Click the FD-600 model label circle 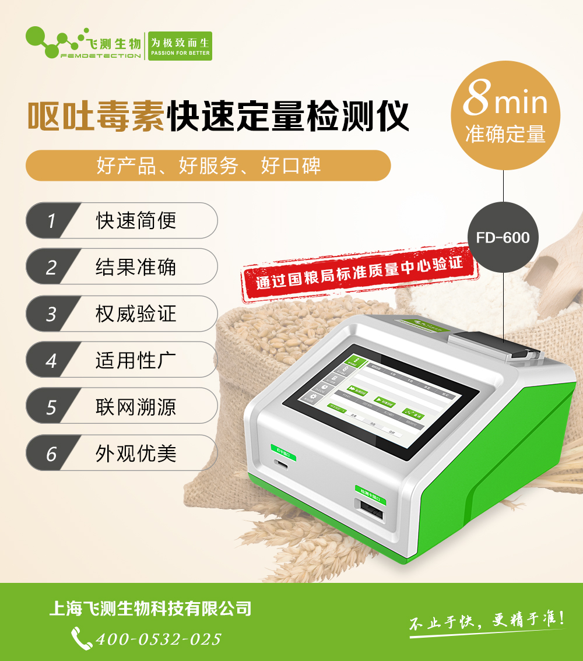[503, 238]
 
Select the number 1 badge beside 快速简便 [51, 221]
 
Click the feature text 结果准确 [136, 267]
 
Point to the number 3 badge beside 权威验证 [51, 314]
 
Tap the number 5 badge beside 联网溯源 [51, 406]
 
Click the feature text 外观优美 [136, 453]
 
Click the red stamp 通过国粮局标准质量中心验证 [360, 272]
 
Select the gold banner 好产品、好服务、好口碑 [208, 166]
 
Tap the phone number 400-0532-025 [158, 639]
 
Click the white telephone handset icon [81, 638]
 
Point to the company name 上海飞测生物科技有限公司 [150, 609]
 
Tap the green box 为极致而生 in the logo [180, 46]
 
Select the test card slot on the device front [371, 513]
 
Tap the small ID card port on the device [282, 465]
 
